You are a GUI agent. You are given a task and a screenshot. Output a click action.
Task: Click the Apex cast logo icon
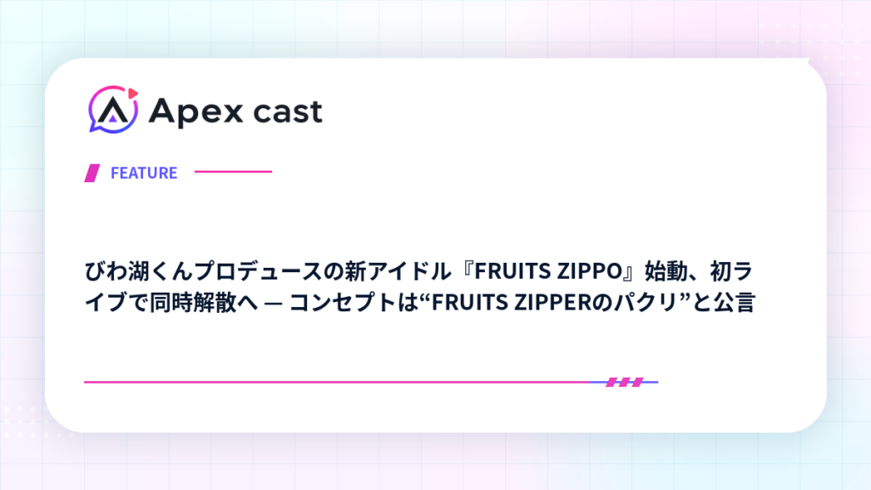click(113, 110)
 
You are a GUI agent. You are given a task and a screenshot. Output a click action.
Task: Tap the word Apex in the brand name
click(196, 112)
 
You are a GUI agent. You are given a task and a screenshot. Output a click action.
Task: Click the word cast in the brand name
click(287, 111)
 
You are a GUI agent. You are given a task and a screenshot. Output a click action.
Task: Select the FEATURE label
click(144, 173)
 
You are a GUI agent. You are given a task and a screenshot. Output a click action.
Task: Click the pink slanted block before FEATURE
click(92, 173)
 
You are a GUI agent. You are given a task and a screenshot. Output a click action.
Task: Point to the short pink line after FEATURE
click(233, 172)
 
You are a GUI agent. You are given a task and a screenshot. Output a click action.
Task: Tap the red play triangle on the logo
click(133, 94)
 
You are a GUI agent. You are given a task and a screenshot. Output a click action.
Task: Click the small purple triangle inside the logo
click(113, 117)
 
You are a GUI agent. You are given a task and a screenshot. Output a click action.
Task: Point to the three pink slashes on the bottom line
click(624, 382)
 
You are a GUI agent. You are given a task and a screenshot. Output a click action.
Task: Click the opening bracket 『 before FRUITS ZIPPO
click(464, 270)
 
